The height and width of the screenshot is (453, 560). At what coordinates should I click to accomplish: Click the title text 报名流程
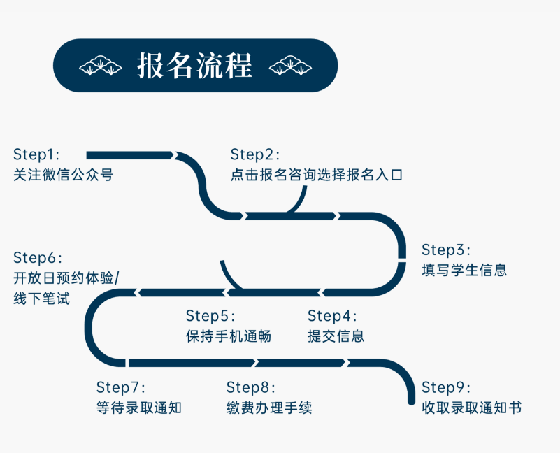point(194,66)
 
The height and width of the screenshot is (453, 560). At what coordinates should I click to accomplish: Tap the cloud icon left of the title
point(100,66)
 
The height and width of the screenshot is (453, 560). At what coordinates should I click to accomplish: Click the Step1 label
point(36,154)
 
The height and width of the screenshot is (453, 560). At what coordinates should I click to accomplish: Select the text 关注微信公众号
point(63,175)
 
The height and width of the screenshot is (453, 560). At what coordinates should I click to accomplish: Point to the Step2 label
point(254,154)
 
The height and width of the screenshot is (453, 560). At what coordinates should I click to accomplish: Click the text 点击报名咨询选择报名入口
point(317,175)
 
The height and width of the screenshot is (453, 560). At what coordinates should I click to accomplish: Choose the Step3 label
point(446,250)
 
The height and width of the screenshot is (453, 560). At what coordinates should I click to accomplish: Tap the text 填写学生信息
point(464,270)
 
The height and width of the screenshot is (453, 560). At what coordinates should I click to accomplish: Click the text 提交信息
point(336,336)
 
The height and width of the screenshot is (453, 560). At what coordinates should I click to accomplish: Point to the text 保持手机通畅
point(228,336)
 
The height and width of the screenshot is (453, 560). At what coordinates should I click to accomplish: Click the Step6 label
point(37,257)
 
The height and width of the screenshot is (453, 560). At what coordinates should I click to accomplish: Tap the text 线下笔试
point(41,299)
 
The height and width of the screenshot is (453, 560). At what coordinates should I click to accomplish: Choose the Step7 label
point(120,387)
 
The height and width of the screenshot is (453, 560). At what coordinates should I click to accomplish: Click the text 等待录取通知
point(138,408)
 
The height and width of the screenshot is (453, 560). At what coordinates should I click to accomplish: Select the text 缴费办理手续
point(269,408)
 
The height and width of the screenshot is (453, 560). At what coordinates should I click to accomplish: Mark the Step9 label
point(446,387)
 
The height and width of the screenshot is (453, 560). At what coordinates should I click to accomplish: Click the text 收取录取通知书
point(471,408)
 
